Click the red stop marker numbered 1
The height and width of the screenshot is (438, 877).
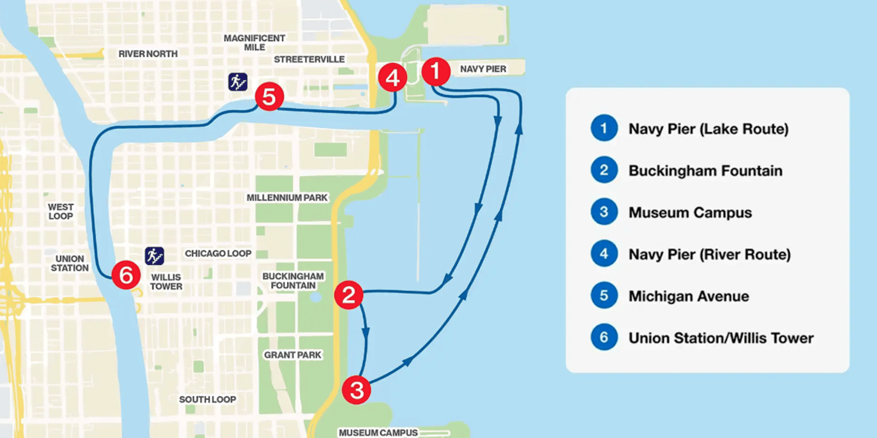click(436, 72)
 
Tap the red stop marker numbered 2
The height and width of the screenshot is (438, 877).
click(349, 295)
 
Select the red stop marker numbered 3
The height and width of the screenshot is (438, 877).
click(356, 390)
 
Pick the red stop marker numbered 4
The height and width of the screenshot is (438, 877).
click(392, 77)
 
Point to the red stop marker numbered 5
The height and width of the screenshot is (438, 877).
click(269, 97)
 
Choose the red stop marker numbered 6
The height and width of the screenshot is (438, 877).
click(126, 275)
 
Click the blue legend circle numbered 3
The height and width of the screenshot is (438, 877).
click(604, 212)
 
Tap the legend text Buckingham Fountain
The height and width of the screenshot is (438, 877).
click(705, 171)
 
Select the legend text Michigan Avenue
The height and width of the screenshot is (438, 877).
click(689, 296)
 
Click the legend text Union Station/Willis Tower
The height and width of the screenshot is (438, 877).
click(721, 338)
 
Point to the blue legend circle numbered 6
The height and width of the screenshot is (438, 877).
click(604, 337)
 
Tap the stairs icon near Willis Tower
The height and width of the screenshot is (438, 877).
click(154, 256)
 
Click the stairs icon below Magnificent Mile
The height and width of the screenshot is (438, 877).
click(238, 82)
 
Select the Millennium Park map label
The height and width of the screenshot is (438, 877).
click(287, 198)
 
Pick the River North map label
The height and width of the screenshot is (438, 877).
click(148, 54)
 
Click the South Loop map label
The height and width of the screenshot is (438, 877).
click(207, 399)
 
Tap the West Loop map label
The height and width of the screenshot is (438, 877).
click(61, 212)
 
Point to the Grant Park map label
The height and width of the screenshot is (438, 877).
click(292, 355)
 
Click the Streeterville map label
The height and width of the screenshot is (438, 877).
click(309, 60)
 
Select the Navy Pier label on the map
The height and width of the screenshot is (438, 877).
click(483, 69)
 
